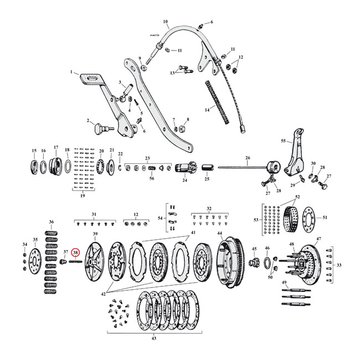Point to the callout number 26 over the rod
tap(247, 158)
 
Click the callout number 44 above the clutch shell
tap(220, 234)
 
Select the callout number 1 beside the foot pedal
tap(71, 72)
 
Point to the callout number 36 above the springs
tap(52, 222)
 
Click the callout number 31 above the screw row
tap(94, 214)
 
